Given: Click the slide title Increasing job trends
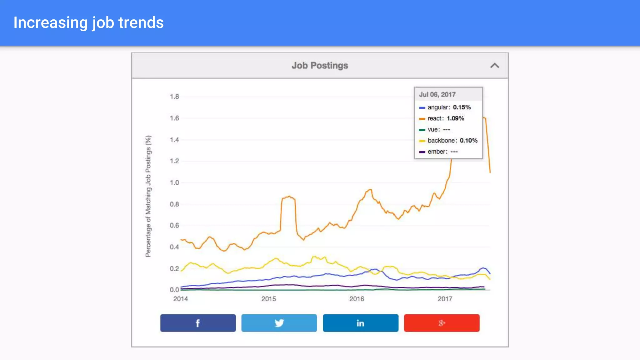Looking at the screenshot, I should [88, 23].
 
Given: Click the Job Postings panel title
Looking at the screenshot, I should [320, 65].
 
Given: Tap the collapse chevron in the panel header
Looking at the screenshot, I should [494, 66].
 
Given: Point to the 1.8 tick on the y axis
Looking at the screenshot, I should [174, 97].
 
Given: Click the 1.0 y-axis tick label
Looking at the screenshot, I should [174, 182].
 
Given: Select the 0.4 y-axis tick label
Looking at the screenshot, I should [174, 247].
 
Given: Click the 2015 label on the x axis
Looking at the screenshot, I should [268, 299].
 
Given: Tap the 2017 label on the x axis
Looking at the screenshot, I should [445, 299].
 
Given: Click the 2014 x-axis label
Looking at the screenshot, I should [180, 299].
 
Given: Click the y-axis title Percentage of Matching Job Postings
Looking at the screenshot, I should [148, 196].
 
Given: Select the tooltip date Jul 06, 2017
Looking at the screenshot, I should [437, 94].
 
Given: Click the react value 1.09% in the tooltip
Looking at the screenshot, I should [455, 118].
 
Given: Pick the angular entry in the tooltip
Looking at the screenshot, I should [438, 107].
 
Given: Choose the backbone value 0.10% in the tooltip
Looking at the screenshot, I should [468, 141].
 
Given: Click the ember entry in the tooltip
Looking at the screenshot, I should [437, 152].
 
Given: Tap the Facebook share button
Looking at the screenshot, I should [198, 323].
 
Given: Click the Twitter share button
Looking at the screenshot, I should [279, 323].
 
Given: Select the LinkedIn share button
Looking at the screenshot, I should [360, 323].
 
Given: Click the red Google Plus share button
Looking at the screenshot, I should [442, 323].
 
